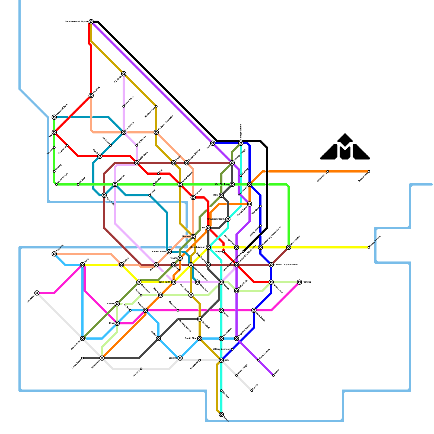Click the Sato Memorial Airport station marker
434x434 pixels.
(x=91, y=22)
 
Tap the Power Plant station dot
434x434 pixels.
(x=124, y=106)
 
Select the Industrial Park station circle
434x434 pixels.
(x=54, y=117)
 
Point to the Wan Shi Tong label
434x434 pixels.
(x=222, y=184)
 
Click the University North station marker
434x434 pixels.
(x=228, y=219)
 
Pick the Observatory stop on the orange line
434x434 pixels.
(x=328, y=171)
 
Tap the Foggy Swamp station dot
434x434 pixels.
(x=369, y=247)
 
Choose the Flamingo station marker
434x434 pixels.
(x=299, y=282)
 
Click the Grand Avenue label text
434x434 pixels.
(x=197, y=247)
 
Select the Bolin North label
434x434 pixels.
(x=164, y=282)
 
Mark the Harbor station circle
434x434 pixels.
(x=221, y=414)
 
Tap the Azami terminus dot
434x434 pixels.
(x=273, y=375)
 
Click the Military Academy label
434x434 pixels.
(x=221, y=349)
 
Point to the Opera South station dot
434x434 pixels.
(x=82, y=358)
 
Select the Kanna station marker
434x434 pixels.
(x=117, y=304)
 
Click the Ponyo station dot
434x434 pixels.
(x=224, y=252)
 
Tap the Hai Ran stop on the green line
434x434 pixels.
(x=78, y=184)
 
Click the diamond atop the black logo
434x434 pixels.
(x=345, y=139)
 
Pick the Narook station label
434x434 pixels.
(x=186, y=237)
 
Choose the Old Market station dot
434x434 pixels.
(x=137, y=145)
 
